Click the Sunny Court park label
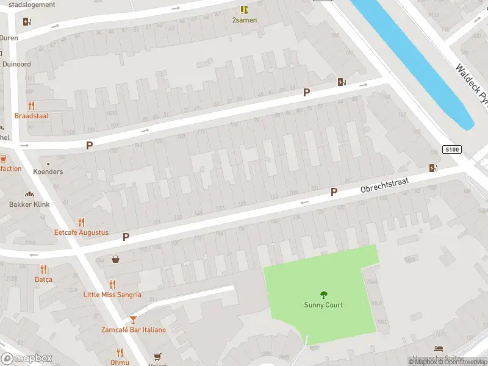point(323,305)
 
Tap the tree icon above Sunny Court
point(323,294)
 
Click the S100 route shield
point(452,149)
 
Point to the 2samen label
point(244,20)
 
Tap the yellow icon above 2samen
point(244,10)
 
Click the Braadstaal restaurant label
point(32,115)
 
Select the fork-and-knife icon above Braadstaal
point(31,105)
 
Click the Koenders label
point(48,171)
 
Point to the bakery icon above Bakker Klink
point(29,194)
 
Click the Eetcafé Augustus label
point(81,232)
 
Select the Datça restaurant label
point(43,279)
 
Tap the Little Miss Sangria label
point(112,295)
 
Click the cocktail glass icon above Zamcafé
point(133,319)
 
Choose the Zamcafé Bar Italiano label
point(133,330)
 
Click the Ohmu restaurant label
point(120,362)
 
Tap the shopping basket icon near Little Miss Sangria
point(116,259)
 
